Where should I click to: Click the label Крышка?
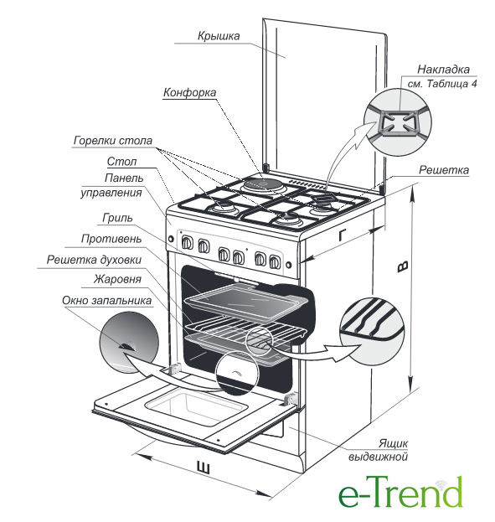point(219,36)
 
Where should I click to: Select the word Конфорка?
point(189,92)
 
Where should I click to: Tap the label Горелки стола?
point(113,141)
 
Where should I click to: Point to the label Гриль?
point(117,218)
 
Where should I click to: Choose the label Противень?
point(111,239)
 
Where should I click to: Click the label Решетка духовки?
point(94,260)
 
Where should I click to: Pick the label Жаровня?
point(117,279)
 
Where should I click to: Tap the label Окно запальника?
point(106,300)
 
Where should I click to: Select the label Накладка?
point(443,70)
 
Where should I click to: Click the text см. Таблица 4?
point(442,84)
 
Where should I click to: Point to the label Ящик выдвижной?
point(378,450)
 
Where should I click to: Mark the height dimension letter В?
point(403,266)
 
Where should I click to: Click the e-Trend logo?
point(400,491)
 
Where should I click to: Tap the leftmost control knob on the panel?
point(187,243)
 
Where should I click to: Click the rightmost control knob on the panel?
point(274,262)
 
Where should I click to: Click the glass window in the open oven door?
point(196,407)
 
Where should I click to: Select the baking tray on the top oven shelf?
point(247,302)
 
